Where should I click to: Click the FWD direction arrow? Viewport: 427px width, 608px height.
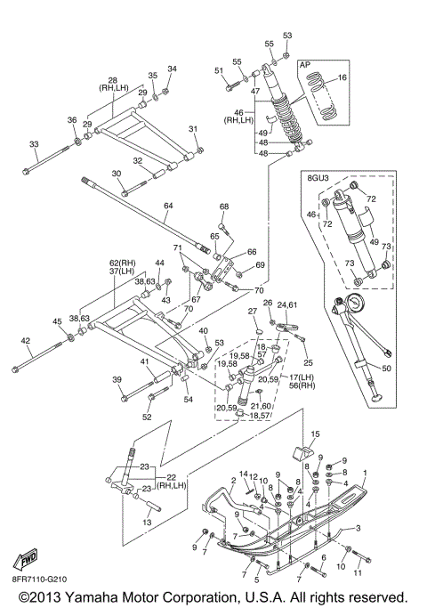[25, 559]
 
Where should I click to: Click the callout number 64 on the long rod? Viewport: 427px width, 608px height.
[168, 206]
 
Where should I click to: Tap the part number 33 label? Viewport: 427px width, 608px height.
[34, 144]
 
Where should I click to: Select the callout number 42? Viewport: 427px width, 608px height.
[25, 341]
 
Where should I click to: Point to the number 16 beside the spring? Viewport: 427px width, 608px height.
[342, 77]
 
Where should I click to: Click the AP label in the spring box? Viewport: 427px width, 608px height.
[305, 65]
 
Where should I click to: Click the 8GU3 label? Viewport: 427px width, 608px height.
[316, 178]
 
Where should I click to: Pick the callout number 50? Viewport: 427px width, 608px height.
[386, 368]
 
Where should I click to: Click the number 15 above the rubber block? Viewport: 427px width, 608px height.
[316, 434]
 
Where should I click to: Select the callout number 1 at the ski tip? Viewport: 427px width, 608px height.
[364, 473]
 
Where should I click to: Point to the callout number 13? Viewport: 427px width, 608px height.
[147, 523]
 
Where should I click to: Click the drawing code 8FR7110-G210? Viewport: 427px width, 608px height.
[39, 580]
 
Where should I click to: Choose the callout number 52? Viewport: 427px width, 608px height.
[147, 417]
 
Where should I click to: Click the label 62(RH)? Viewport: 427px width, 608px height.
[123, 263]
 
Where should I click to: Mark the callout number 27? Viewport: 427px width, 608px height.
[253, 311]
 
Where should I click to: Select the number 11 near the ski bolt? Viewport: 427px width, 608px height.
[358, 572]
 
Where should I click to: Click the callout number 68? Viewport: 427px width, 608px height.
[224, 207]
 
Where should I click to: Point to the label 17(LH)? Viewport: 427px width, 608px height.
[302, 377]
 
